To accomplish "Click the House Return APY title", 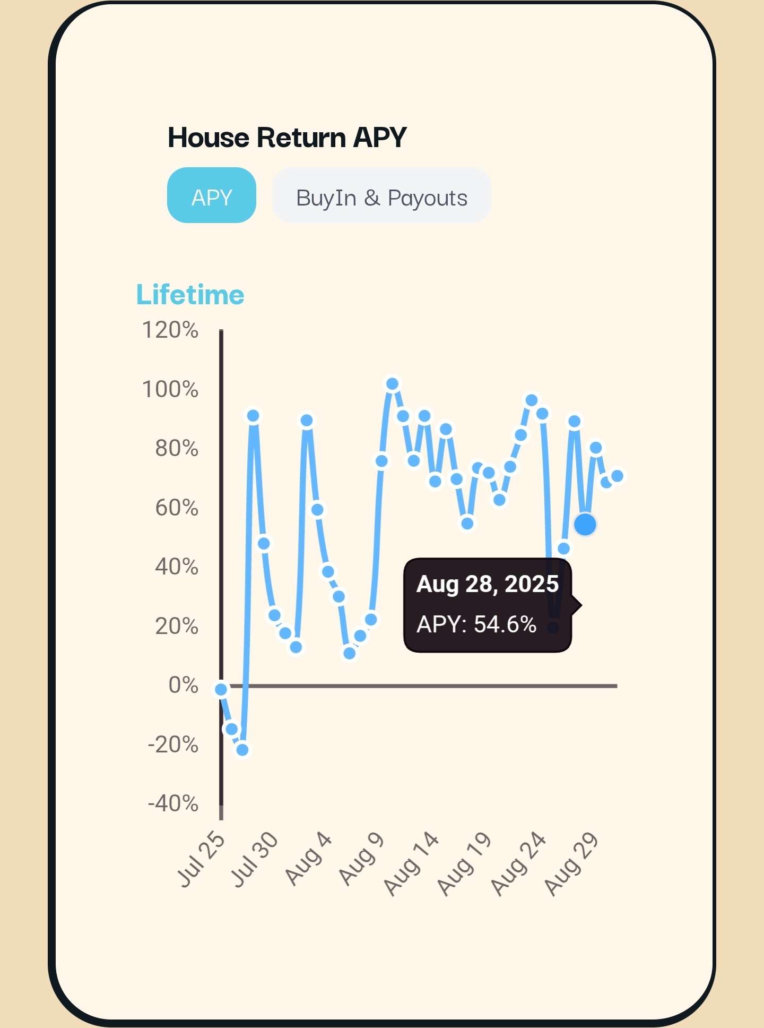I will point(287,138).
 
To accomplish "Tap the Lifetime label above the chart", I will point(190,295).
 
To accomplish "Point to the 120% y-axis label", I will point(170,330).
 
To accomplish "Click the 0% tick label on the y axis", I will point(183,685).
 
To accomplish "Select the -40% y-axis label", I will point(173,803).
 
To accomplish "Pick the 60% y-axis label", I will point(177,508).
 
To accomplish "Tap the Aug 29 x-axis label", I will point(572,864).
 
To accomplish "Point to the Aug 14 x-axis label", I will point(412,864).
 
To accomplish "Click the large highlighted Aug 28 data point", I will point(585,525).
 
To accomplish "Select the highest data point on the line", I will point(392,384).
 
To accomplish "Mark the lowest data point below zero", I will point(242,750).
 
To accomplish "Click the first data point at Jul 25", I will point(221,689).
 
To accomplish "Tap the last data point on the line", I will point(617,476).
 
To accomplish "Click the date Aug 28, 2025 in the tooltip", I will point(487,584).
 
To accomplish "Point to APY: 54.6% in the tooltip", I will point(476,624).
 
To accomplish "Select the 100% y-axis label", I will point(170,390).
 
